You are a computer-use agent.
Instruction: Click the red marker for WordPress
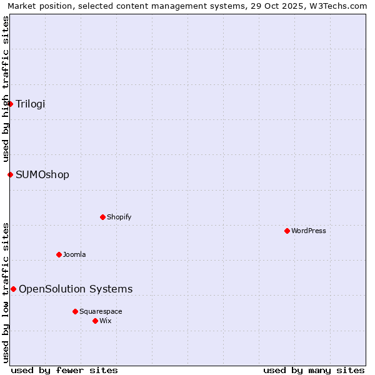click(287, 231)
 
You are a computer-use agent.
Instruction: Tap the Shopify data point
click(102, 217)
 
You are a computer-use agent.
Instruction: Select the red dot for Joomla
click(59, 254)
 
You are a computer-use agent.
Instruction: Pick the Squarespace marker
click(75, 311)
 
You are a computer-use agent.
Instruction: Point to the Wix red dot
click(95, 321)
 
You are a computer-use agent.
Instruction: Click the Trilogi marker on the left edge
click(10, 104)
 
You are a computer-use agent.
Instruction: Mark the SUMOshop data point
click(10, 174)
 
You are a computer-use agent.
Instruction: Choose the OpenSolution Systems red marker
click(13, 289)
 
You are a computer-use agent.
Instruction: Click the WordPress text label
click(309, 231)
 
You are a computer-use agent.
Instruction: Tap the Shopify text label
click(119, 217)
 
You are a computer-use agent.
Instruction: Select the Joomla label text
click(74, 254)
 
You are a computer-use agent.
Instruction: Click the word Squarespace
click(101, 311)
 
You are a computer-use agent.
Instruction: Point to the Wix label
click(106, 321)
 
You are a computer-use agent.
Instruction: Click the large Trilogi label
click(31, 104)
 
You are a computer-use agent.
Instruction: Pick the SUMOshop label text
click(42, 174)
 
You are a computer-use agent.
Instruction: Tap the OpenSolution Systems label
click(76, 289)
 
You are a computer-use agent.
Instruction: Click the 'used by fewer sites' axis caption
click(64, 370)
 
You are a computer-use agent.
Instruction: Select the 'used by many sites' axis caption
click(314, 370)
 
